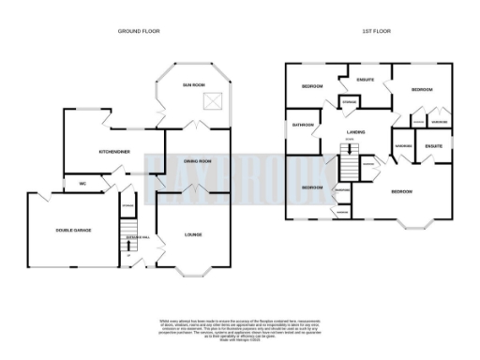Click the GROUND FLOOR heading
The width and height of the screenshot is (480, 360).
[139, 31]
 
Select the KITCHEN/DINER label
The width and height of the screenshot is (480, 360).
[114, 151]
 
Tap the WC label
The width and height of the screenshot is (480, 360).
[82, 183]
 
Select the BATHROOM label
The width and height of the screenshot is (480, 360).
[303, 125]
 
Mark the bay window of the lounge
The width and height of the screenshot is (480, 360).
[193, 273]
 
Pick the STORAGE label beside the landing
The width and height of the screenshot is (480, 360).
[349, 101]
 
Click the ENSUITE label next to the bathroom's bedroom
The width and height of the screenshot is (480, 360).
[366, 80]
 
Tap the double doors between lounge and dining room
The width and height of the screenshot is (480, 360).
[195, 195]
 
